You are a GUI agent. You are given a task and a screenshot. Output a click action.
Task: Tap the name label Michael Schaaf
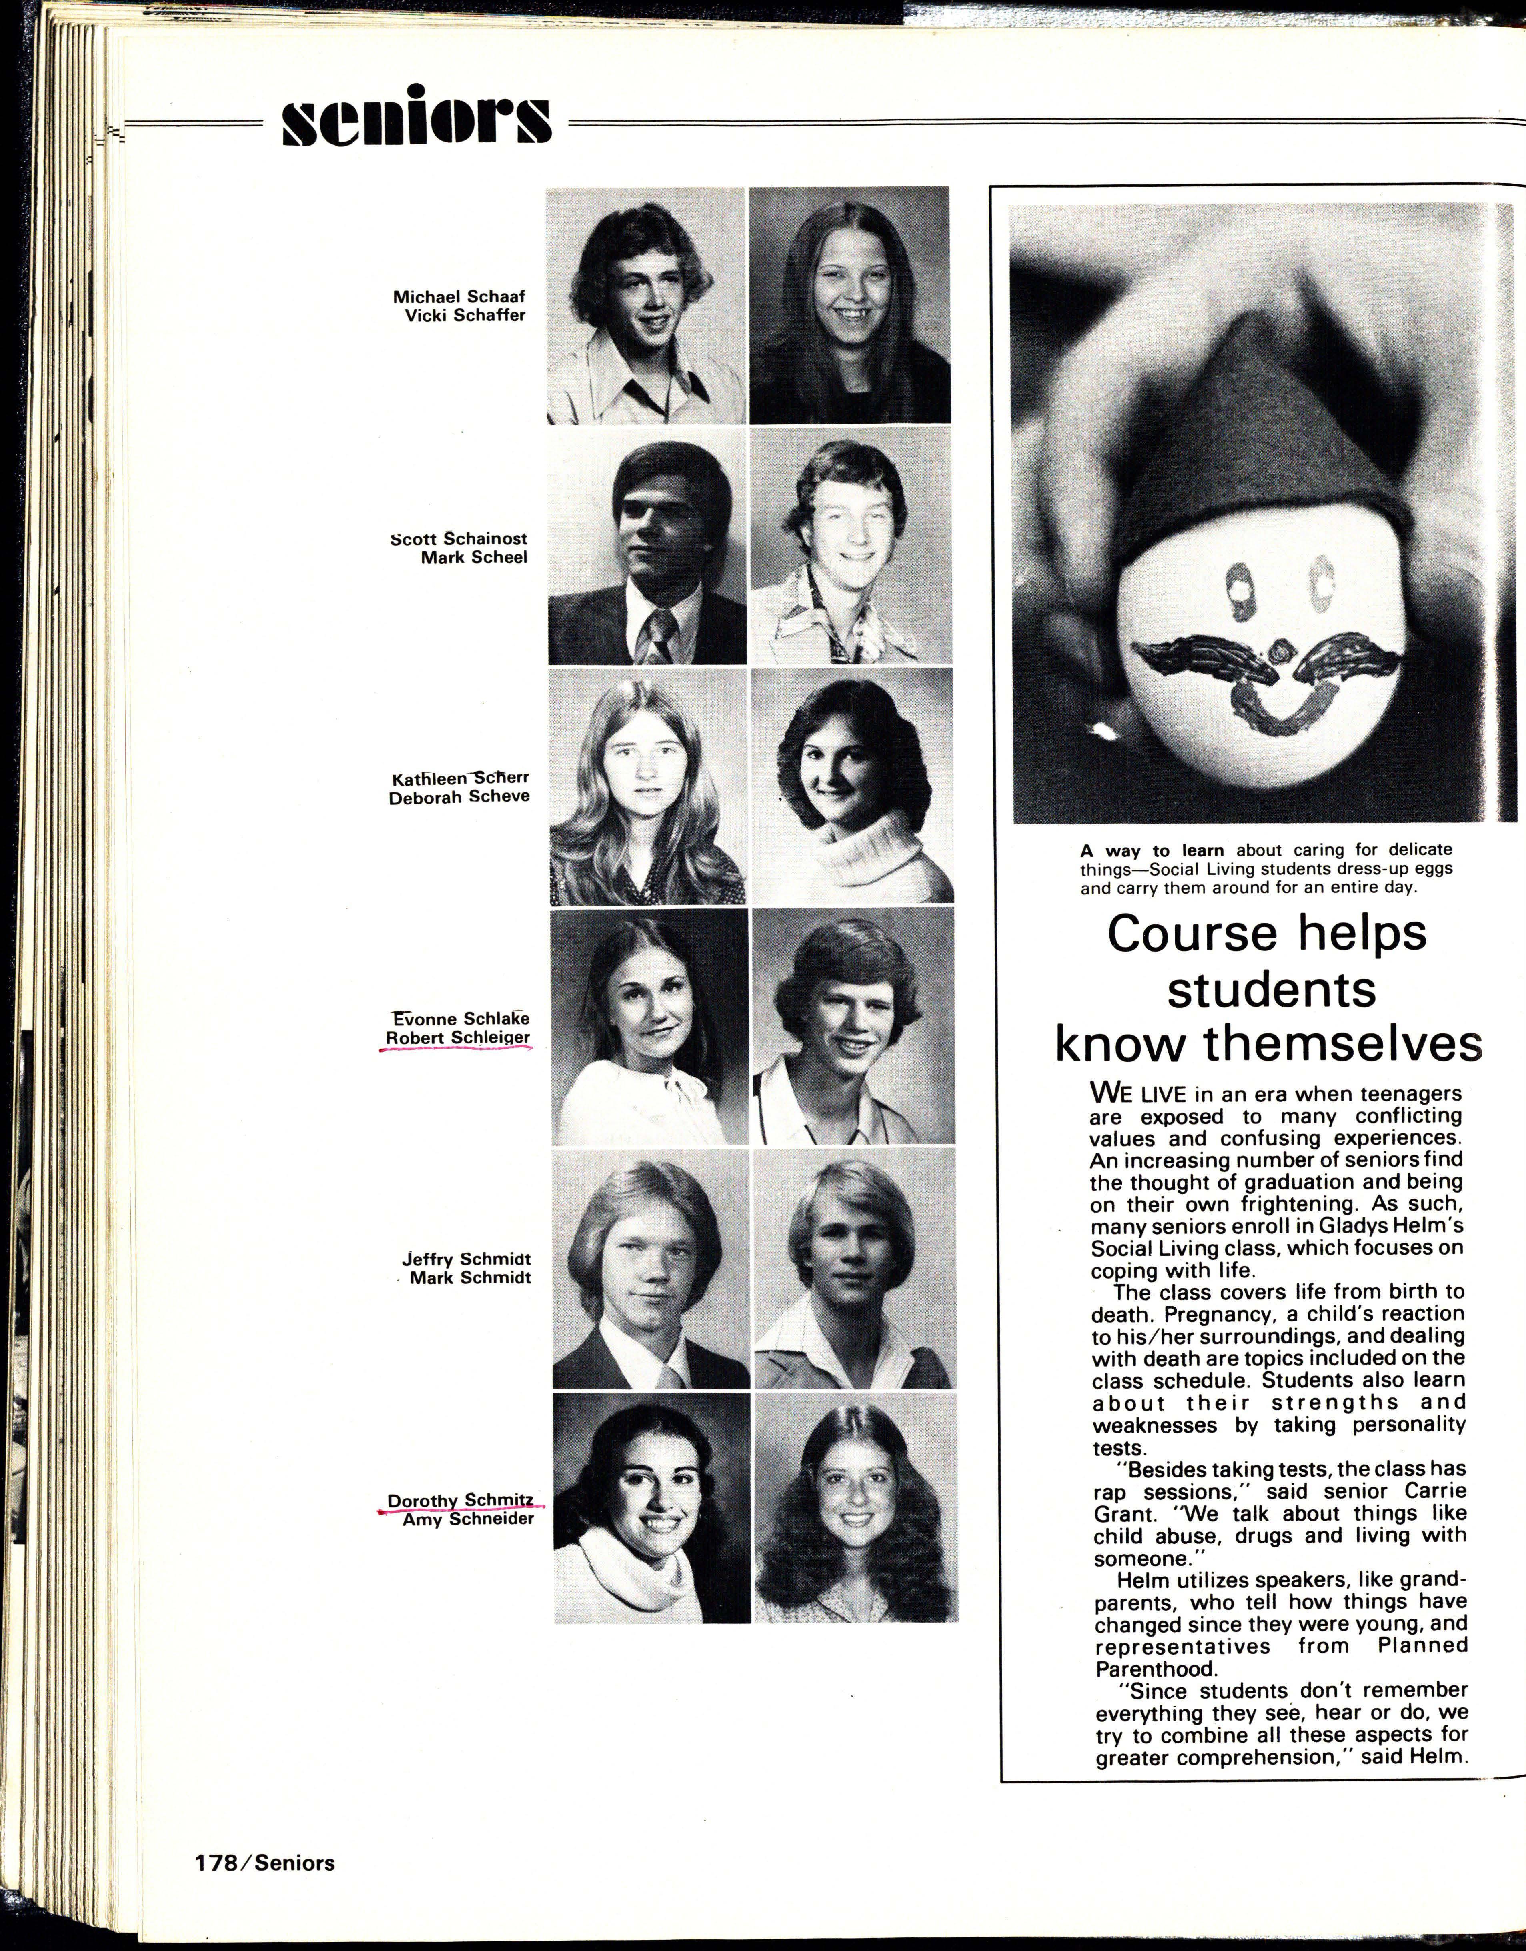click(459, 297)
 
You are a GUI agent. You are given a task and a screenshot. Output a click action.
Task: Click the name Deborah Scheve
click(459, 797)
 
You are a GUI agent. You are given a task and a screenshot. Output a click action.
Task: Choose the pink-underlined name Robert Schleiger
click(457, 1038)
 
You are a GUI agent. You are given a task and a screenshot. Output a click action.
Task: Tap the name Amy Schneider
click(468, 1519)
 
